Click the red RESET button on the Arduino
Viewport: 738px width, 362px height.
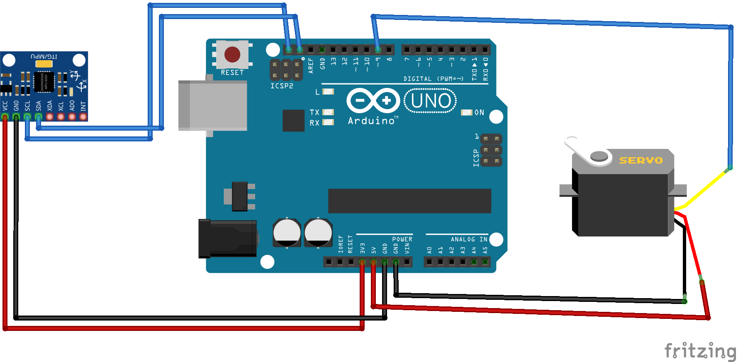coord(232,54)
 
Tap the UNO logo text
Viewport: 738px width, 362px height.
coord(431,101)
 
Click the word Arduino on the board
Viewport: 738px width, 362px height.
coord(372,121)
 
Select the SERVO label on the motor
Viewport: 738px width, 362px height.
coord(641,160)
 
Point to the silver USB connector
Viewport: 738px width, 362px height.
coord(213,106)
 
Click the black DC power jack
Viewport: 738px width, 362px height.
coord(227,238)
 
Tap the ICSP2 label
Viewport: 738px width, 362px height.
coord(282,86)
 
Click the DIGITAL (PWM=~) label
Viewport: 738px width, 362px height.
coord(433,79)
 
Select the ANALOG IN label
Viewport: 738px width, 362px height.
coord(469,239)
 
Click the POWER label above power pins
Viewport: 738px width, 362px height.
coord(402,239)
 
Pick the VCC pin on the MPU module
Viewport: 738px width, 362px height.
coord(5,117)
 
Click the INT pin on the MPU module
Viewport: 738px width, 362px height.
coord(83,117)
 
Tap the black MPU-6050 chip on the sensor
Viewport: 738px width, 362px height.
coord(44,82)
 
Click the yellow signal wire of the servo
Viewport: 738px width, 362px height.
coord(705,189)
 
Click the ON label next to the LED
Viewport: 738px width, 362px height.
coord(479,112)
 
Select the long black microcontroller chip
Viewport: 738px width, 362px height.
coord(409,201)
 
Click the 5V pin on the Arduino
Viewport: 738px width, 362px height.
coord(373,262)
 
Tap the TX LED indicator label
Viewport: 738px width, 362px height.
coord(314,112)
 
